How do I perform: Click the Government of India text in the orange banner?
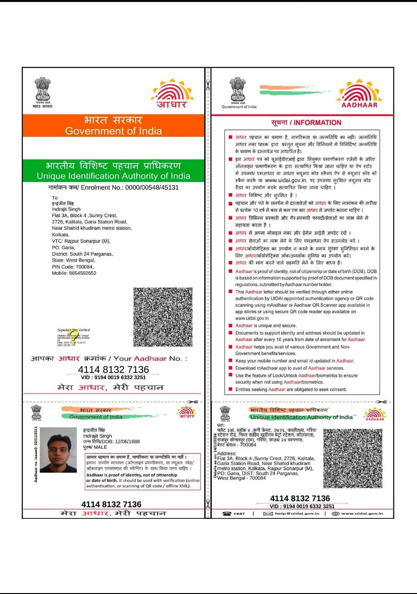point(114,131)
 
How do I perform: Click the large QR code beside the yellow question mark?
point(163,316)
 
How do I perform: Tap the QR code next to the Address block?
point(353,458)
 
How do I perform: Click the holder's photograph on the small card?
point(58,450)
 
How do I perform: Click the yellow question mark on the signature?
point(70,338)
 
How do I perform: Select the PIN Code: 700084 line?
point(73,267)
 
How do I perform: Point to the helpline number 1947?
point(239,514)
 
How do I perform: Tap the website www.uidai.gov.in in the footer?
point(361,514)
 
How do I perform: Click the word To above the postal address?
point(55,198)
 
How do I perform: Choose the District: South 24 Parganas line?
point(82,254)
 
